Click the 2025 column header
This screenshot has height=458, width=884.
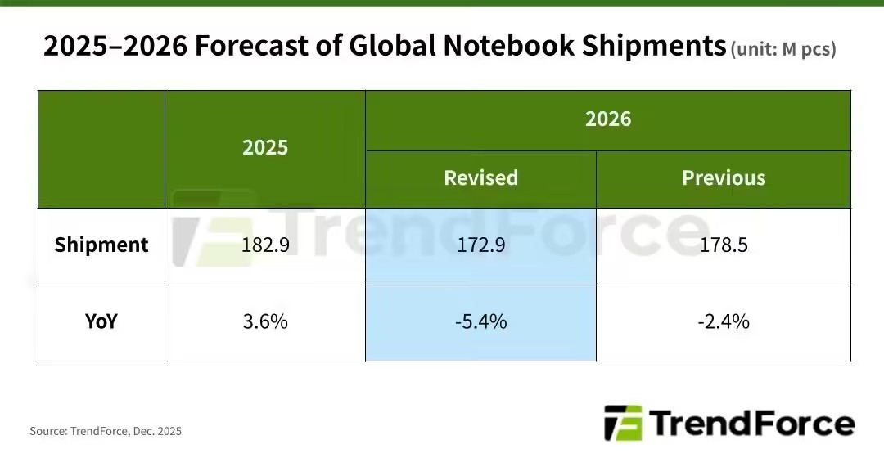265,147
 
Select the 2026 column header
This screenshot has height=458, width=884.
608,119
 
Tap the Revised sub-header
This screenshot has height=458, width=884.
480,178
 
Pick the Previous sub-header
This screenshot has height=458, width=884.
724,178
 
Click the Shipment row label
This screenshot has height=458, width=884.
101,245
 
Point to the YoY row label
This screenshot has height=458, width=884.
101,321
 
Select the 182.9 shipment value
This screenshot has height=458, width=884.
265,245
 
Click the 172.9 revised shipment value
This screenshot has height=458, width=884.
480,245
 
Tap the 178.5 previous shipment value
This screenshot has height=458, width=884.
724,245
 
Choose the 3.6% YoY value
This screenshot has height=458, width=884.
265,321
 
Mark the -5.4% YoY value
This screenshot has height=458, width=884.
480,321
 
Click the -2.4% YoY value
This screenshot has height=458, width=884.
724,321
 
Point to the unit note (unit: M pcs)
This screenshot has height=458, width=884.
783,49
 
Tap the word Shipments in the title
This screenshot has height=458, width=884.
654,47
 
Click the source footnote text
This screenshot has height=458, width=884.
106,431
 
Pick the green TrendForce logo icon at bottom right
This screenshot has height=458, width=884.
622,424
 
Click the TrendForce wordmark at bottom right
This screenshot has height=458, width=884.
751,424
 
